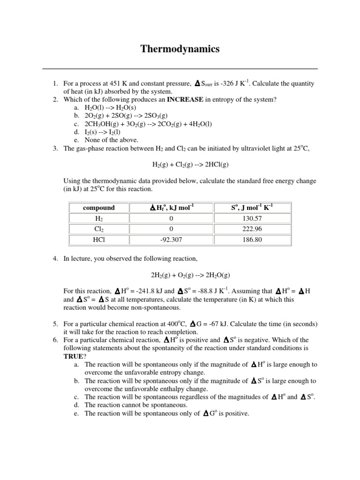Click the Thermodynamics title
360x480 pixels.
(180, 49)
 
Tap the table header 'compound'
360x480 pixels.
(98, 208)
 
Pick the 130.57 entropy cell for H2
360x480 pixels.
(252, 218)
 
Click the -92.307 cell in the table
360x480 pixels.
(171, 240)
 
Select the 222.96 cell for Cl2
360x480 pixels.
(252, 229)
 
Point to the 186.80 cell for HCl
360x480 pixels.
(252, 240)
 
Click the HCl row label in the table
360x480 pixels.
(98, 240)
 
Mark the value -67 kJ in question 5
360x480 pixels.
(221, 324)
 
